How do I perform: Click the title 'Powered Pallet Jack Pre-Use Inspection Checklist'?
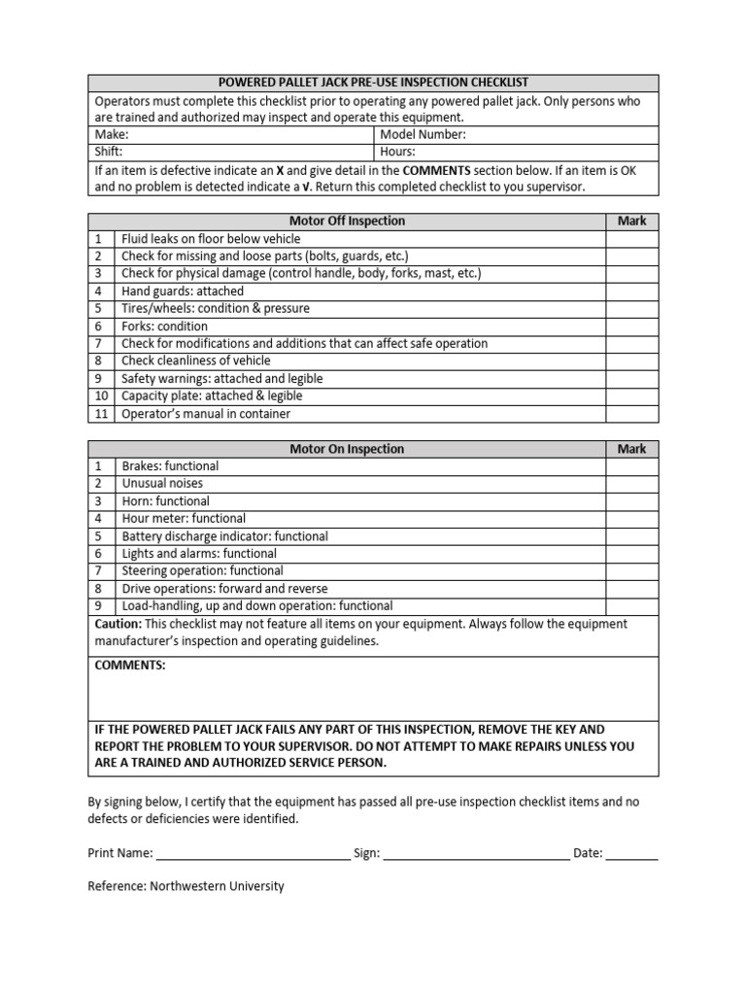(x=373, y=83)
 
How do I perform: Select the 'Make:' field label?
(x=111, y=135)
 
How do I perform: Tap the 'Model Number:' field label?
(x=423, y=135)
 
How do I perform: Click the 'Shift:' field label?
(x=109, y=153)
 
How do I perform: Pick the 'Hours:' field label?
(x=397, y=153)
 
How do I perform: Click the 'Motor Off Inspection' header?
(x=347, y=222)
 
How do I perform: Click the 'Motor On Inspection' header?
(x=347, y=449)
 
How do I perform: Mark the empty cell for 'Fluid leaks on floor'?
(x=631, y=239)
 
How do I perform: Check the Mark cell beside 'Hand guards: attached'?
(x=631, y=292)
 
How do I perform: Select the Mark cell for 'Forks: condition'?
(x=631, y=326)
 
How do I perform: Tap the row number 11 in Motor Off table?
(x=101, y=414)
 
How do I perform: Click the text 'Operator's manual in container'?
(x=206, y=414)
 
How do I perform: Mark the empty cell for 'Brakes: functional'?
(x=631, y=466)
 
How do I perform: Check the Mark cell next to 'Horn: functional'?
(x=631, y=501)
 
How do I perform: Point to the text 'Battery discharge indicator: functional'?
(x=224, y=536)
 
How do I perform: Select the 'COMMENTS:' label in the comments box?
(x=129, y=666)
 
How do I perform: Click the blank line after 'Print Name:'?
(x=253, y=854)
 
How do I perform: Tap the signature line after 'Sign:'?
(x=476, y=854)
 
